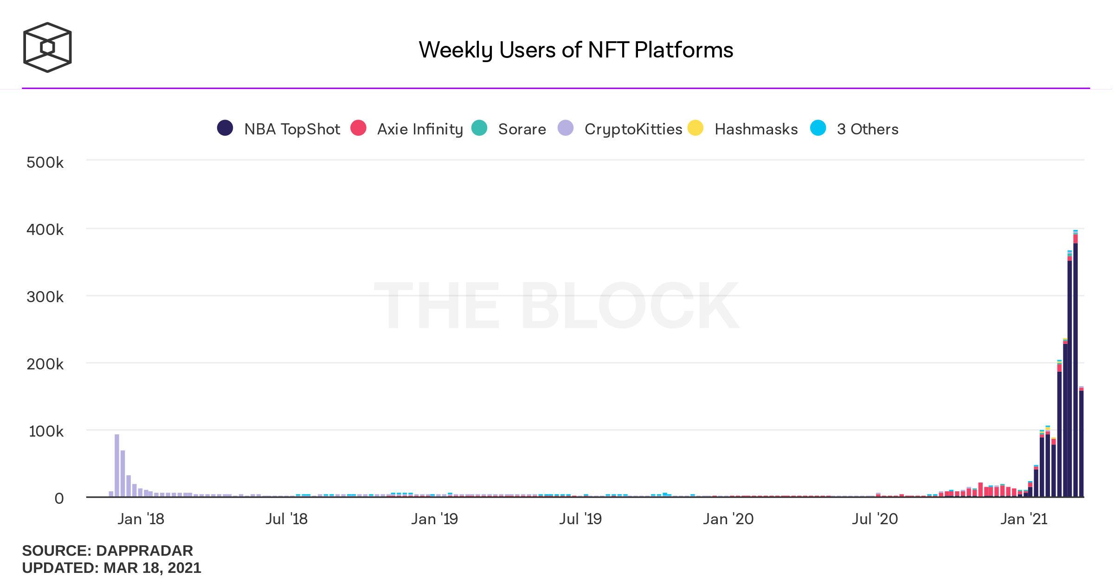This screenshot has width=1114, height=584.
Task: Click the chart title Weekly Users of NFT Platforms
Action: (x=575, y=50)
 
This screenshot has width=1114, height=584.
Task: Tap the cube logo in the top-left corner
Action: (x=47, y=47)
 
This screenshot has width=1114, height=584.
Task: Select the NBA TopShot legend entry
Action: (x=279, y=129)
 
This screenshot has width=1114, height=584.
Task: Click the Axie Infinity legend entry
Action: (x=406, y=129)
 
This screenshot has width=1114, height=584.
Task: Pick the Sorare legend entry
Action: (x=509, y=129)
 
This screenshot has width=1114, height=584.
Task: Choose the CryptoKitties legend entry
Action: (x=620, y=129)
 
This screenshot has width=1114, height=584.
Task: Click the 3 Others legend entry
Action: (x=854, y=129)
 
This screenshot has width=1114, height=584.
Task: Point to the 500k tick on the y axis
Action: (x=45, y=163)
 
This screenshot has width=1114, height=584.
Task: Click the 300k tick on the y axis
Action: (x=45, y=297)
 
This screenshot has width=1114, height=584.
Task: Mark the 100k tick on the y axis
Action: (x=46, y=432)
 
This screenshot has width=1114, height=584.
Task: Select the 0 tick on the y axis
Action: (x=59, y=499)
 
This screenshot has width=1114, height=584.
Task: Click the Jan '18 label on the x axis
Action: (x=141, y=519)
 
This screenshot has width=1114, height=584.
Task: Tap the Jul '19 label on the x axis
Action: (x=580, y=519)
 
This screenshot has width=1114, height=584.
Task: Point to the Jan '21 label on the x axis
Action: (x=1024, y=519)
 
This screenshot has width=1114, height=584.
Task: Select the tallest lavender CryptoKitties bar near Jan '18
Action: (x=117, y=466)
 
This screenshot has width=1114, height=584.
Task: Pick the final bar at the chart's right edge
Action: (x=1082, y=443)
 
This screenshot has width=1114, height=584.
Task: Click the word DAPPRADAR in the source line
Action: (x=144, y=551)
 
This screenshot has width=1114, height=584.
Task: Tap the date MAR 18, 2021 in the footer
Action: (x=152, y=568)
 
